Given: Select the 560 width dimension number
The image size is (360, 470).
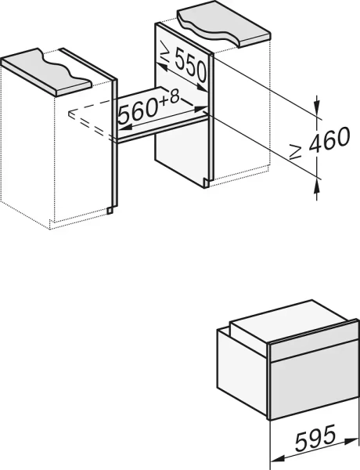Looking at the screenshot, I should (x=138, y=110).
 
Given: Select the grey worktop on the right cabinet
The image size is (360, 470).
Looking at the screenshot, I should (x=225, y=23).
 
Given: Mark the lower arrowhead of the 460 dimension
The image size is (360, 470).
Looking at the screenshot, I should (x=317, y=182).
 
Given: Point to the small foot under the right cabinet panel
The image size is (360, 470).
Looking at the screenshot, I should (x=206, y=183).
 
